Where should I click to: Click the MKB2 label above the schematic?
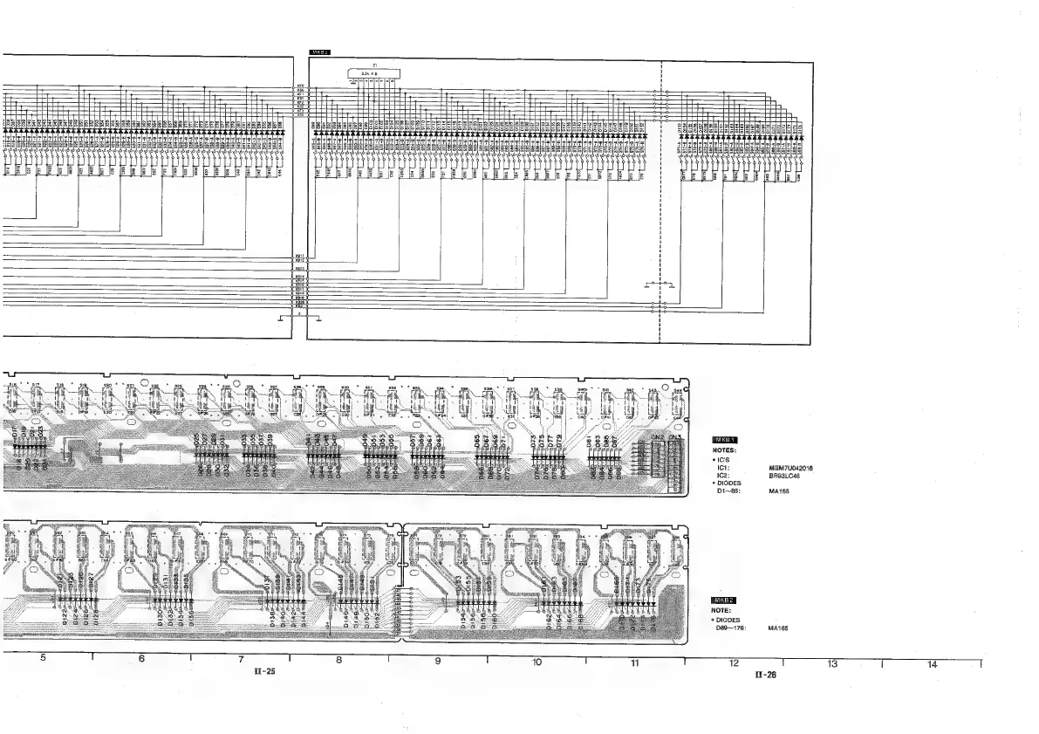319,53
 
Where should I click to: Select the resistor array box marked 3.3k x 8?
374,73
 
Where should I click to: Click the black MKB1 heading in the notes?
726,440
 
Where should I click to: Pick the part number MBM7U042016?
791,468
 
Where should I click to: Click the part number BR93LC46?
784,476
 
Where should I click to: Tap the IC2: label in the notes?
723,476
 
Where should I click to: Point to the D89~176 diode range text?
730,628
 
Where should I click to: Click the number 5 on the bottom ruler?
43,659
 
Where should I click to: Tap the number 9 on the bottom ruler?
438,662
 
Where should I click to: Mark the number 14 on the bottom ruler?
932,665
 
